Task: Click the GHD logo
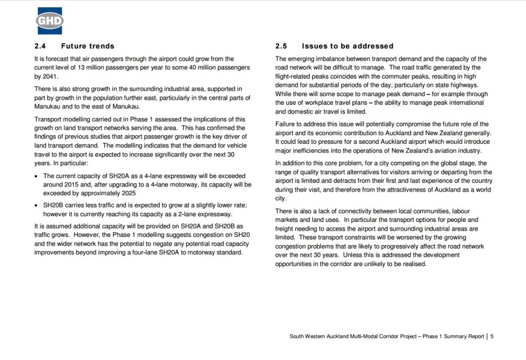[49, 21]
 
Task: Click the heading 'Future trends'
[88, 46]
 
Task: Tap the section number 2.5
[282, 46]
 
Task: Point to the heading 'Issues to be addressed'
[348, 46]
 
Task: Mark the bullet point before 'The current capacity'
[36, 176]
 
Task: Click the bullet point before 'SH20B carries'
[36, 206]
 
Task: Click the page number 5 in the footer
[492, 336]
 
